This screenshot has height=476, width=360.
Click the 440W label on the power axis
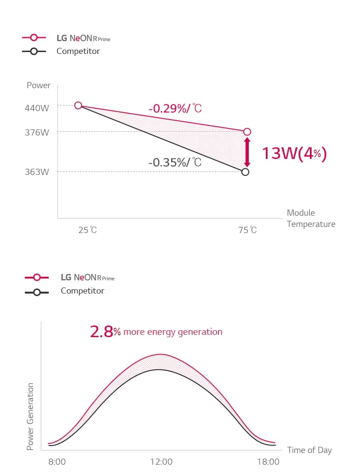tap(37, 108)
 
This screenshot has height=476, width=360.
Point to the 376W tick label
tap(37, 132)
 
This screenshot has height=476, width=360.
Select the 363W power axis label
tap(37, 172)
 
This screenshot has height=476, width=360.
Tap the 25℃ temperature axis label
tap(88, 230)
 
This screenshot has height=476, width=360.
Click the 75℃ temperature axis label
tap(247, 230)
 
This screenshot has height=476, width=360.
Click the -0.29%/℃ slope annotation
tap(175, 108)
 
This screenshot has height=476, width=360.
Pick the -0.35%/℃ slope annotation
tap(175, 162)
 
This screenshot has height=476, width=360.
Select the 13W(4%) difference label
tap(294, 153)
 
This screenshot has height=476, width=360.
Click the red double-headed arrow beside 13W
tap(247, 152)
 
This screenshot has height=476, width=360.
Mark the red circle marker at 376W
tap(247, 132)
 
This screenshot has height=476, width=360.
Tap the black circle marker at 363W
tap(245, 172)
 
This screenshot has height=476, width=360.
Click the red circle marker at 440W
tap(78, 106)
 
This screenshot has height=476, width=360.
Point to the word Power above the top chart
tap(38, 85)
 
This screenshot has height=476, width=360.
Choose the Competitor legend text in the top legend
tap(78, 51)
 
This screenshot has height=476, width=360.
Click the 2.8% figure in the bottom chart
tap(105, 332)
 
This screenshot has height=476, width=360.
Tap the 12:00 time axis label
tap(161, 462)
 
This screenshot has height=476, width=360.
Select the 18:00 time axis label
tap(269, 462)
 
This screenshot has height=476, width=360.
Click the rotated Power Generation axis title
tap(30, 416)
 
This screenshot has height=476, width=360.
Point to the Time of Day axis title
tap(309, 450)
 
